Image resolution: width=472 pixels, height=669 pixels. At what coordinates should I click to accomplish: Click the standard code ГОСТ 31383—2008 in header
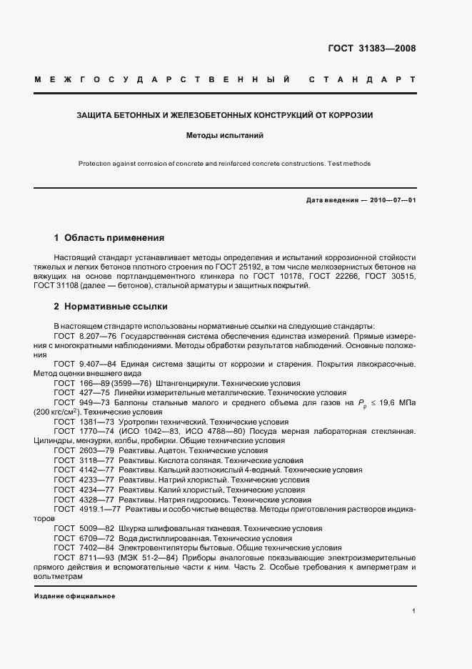(x=371, y=49)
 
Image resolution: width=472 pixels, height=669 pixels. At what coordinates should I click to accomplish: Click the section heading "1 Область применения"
(x=109, y=237)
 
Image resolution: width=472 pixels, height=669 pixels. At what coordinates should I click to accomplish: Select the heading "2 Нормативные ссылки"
(x=111, y=307)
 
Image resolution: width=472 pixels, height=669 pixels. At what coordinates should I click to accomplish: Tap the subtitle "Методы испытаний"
(x=225, y=134)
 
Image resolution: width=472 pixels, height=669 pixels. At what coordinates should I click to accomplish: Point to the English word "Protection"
(x=96, y=164)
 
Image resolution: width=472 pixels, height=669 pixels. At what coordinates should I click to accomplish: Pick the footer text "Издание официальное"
(x=74, y=595)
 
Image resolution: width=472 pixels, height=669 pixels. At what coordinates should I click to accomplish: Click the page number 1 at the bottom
(x=413, y=611)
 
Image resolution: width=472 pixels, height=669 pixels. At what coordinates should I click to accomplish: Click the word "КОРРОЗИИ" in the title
(x=353, y=114)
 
